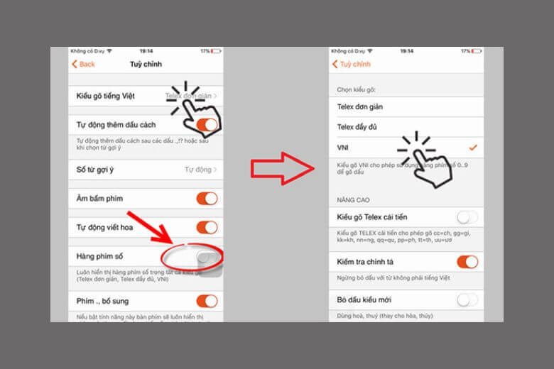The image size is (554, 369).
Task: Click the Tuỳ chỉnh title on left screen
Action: (x=146, y=64)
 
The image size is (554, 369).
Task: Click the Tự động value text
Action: (x=199, y=170)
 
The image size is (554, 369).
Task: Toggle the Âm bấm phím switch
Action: (x=207, y=199)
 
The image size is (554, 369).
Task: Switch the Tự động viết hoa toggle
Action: (x=207, y=227)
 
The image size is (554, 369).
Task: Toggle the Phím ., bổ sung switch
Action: (x=207, y=301)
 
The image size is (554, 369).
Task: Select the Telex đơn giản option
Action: (x=360, y=106)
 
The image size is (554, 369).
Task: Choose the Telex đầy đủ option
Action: (x=359, y=127)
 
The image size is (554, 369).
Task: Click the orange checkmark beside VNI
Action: (x=472, y=147)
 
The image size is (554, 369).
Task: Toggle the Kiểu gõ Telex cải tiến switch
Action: (x=467, y=217)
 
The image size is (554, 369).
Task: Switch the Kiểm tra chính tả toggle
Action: (x=467, y=262)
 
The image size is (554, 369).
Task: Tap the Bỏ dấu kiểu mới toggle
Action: (x=467, y=300)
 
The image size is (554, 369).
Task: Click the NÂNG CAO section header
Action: (x=353, y=200)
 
